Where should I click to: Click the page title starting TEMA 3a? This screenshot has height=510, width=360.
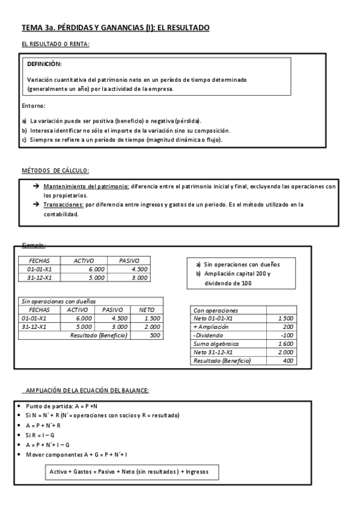click(x=115, y=28)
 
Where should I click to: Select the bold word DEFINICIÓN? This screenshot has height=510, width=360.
click(x=44, y=64)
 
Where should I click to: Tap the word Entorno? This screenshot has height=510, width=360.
click(x=34, y=106)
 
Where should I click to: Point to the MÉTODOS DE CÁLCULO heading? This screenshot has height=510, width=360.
click(x=55, y=171)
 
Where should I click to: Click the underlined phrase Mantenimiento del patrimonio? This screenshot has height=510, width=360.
click(x=86, y=186)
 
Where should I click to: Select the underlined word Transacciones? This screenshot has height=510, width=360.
click(x=64, y=204)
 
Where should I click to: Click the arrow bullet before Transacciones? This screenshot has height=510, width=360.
click(x=36, y=204)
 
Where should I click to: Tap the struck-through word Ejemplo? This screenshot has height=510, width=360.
click(x=33, y=245)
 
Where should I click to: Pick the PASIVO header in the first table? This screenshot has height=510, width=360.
click(x=130, y=260)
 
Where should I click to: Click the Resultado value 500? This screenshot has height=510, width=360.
click(x=155, y=335)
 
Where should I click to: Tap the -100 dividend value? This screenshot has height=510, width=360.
click(x=286, y=335)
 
